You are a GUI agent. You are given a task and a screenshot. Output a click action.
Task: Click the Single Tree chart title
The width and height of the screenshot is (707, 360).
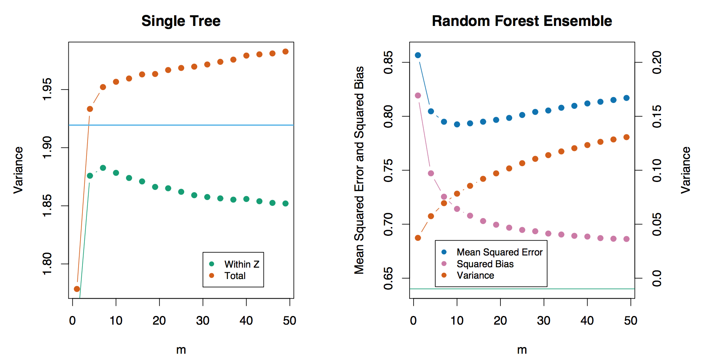(x=181, y=21)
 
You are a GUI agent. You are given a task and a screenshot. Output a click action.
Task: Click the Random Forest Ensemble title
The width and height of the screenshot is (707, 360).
(x=522, y=21)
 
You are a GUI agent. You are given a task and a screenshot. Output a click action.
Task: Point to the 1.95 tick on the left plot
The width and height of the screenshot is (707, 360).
(x=47, y=90)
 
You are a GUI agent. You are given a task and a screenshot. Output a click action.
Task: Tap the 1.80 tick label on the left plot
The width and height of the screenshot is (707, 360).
(x=47, y=264)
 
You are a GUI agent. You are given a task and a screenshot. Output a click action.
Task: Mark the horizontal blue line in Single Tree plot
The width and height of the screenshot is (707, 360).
(x=181, y=125)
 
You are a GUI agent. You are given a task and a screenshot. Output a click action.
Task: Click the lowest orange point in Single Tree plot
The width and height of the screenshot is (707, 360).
(x=77, y=289)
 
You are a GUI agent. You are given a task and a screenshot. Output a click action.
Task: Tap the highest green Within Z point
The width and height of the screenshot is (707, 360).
(x=103, y=168)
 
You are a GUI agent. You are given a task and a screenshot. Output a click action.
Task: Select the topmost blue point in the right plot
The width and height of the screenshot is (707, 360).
(x=418, y=55)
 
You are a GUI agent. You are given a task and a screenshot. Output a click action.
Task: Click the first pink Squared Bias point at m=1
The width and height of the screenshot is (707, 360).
(x=418, y=96)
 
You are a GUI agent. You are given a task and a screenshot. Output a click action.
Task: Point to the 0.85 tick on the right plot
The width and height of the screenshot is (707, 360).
(x=388, y=62)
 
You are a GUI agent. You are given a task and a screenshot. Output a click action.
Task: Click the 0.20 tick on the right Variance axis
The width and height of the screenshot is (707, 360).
(x=657, y=62)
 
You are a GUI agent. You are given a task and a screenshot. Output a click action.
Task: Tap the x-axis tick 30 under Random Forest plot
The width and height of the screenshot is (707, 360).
(x=544, y=321)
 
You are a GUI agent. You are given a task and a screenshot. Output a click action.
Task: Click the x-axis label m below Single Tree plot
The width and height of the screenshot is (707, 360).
(x=181, y=350)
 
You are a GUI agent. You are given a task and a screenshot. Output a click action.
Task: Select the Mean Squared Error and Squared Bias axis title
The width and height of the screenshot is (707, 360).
(x=359, y=170)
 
